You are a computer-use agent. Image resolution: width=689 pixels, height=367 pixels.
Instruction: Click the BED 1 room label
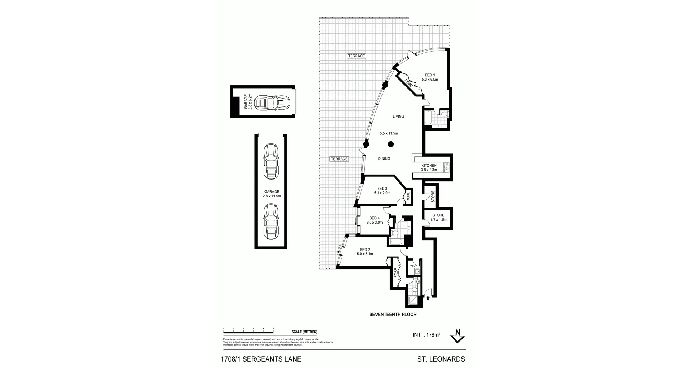[430, 75]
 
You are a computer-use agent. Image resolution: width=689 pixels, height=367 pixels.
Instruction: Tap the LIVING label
[398, 116]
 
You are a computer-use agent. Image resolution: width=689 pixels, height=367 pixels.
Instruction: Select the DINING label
[384, 159]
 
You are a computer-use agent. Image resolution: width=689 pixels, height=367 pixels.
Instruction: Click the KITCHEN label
[429, 166]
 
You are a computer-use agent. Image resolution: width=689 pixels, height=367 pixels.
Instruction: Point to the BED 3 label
[382, 189]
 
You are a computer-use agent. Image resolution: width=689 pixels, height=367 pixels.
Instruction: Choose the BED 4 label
[374, 218]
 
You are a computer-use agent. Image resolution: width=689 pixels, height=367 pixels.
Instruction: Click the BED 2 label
[365, 249]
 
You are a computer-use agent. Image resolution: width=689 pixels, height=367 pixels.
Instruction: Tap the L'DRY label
[412, 266]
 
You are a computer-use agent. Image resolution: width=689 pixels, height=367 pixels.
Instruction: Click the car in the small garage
[272, 103]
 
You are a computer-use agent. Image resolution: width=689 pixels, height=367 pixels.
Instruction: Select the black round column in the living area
[391, 144]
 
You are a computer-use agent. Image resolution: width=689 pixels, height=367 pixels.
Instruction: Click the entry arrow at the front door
[428, 297]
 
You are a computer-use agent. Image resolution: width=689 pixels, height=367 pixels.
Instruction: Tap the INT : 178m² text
[426, 335]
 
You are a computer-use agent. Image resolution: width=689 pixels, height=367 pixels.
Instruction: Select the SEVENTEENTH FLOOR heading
[393, 314]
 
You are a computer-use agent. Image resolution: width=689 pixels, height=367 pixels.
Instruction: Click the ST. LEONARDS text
[441, 359]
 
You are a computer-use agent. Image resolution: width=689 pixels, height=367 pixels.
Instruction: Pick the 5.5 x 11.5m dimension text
[389, 133]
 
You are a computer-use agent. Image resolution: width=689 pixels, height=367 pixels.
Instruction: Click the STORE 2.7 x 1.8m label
[438, 218]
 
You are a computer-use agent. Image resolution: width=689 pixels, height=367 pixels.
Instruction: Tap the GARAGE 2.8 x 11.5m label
[272, 194]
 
